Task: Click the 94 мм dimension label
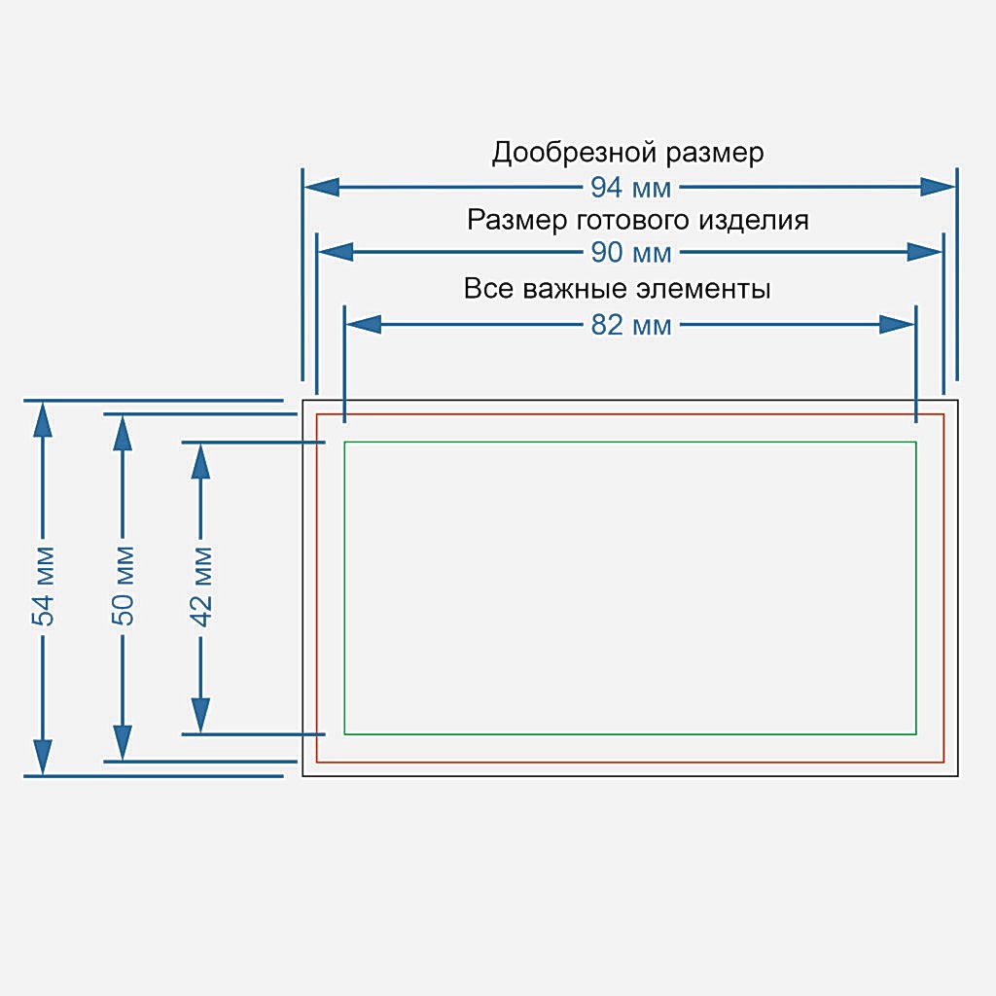[631, 188]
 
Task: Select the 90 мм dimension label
[631, 253]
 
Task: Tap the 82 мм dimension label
[631, 325]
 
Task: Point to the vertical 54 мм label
[43, 587]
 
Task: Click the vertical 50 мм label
[123, 587]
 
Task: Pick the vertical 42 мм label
[201, 587]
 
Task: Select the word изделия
[754, 220]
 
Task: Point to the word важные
[577, 290]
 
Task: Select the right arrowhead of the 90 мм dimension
[925, 253]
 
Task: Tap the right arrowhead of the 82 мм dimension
[897, 325]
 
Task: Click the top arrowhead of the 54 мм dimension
[43, 419]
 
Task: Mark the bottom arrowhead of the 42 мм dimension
[201, 715]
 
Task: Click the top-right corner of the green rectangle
[916, 442]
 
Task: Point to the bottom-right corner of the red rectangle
[943, 763]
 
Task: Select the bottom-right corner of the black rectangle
[959, 776]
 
